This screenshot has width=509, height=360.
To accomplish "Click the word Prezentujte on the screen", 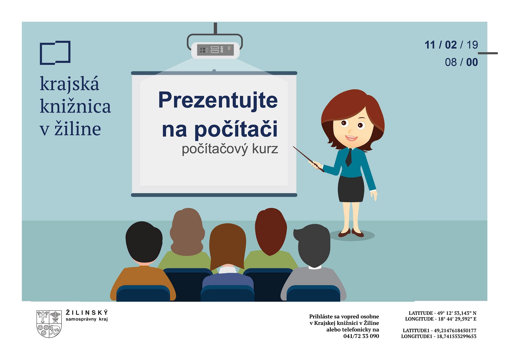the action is coord(218,100).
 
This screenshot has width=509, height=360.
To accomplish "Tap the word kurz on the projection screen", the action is coord(265,149).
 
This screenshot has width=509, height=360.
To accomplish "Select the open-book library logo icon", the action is coord(55,53).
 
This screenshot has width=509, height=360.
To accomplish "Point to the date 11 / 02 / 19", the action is coord(451,45).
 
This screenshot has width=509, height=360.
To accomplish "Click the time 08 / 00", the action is coord(461,62).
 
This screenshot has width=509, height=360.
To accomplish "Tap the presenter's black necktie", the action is coord(349,157).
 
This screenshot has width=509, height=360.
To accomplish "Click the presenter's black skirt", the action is coord(351,189).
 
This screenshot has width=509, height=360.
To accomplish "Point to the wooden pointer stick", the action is coord(308,159).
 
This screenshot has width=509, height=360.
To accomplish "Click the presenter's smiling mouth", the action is coord(351,138).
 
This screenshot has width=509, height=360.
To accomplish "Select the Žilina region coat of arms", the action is coord(49,324).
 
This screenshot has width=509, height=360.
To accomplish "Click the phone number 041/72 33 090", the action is coord(361,336).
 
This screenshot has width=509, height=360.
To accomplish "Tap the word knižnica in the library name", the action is coord(75,106).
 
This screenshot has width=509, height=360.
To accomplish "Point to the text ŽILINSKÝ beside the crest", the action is coord(87,312).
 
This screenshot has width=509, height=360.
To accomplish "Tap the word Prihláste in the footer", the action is coord(321,316).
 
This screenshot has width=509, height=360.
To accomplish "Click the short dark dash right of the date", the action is coord(488,53).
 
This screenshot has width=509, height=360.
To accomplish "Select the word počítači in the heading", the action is coord(236,129).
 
